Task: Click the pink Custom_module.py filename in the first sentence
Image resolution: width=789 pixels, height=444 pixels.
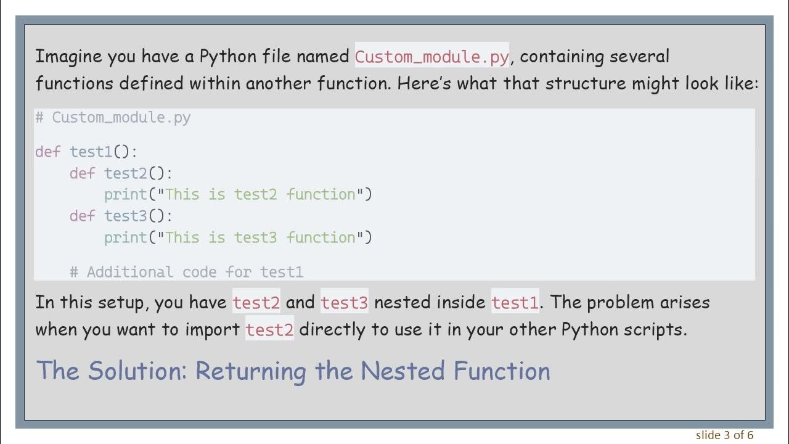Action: point(431,57)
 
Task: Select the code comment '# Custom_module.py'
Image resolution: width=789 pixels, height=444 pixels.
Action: point(113,117)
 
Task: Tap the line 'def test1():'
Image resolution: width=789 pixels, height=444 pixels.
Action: point(86,152)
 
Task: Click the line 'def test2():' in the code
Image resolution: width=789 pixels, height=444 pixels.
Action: point(121,173)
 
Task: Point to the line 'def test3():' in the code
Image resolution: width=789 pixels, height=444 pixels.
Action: point(121,216)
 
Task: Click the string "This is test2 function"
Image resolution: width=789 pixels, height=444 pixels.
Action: point(261,195)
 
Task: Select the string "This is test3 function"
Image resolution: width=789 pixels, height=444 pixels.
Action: point(261,237)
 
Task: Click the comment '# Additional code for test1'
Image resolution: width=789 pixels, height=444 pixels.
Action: point(186,272)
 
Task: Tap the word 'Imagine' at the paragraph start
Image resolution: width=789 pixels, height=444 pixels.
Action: point(68,57)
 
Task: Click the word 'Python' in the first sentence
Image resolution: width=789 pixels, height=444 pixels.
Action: point(222,57)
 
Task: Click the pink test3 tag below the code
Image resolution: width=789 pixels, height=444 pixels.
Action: point(344,303)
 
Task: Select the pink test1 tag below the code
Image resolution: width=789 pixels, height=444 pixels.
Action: point(515,303)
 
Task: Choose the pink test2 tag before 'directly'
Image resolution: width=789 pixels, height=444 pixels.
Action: point(269,330)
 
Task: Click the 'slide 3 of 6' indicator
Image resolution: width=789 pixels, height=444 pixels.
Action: point(725,435)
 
